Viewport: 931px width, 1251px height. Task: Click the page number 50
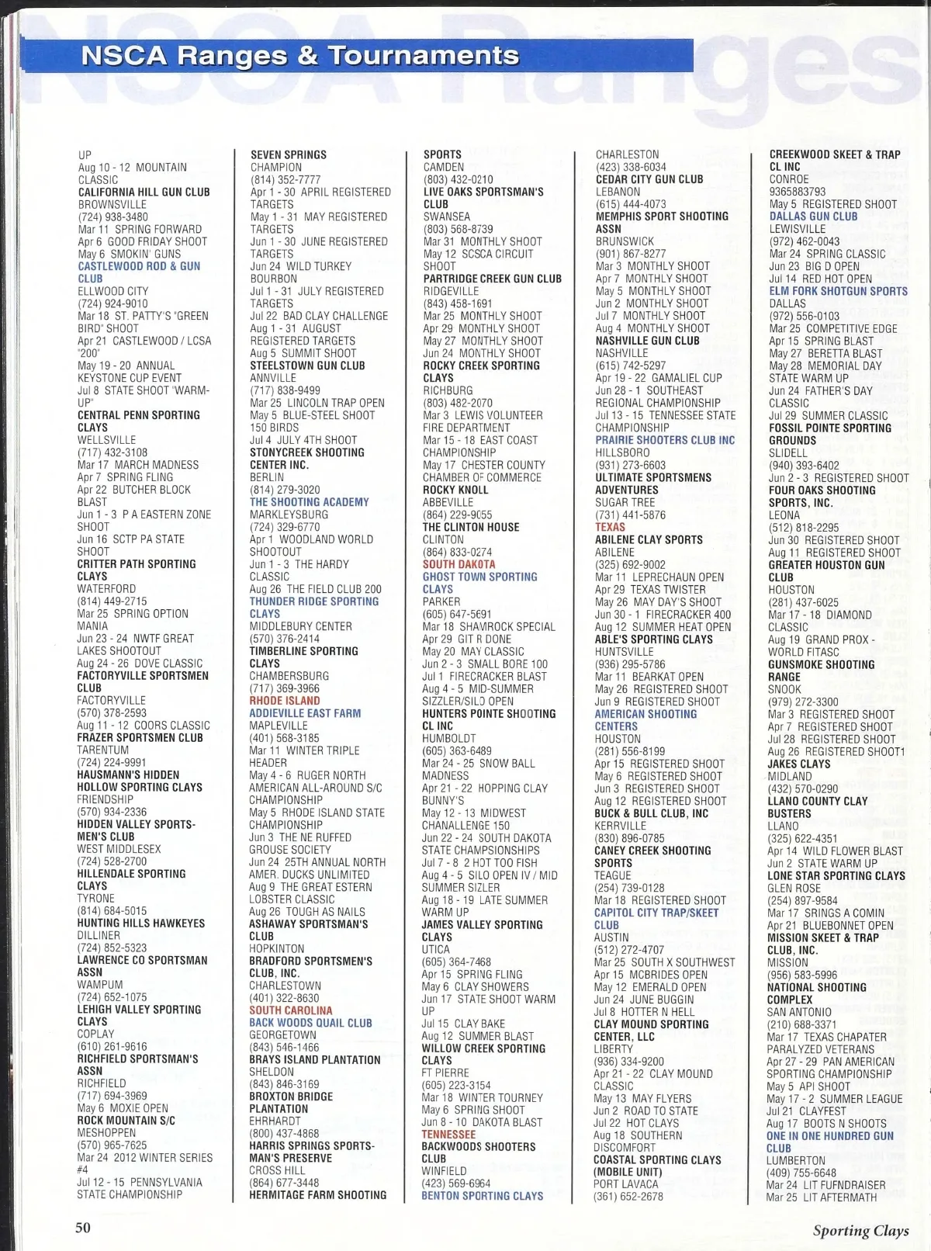point(83,1227)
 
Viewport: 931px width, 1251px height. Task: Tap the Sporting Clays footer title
point(860,1230)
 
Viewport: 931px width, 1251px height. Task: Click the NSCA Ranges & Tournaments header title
point(299,56)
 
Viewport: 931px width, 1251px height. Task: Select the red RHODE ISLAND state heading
point(284,701)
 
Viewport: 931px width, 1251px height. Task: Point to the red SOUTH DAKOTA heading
point(459,564)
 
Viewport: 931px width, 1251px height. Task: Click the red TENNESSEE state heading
point(448,1134)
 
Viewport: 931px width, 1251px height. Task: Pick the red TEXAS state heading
point(610,527)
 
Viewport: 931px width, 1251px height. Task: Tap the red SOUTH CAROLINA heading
point(290,1010)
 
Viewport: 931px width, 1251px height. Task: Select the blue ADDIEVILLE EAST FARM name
point(305,713)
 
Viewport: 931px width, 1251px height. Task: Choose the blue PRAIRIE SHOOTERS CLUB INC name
point(665,440)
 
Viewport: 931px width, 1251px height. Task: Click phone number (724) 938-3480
point(112,217)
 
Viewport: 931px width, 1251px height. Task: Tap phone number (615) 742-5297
point(630,366)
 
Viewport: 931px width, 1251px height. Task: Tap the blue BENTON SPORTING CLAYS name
point(482,1196)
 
